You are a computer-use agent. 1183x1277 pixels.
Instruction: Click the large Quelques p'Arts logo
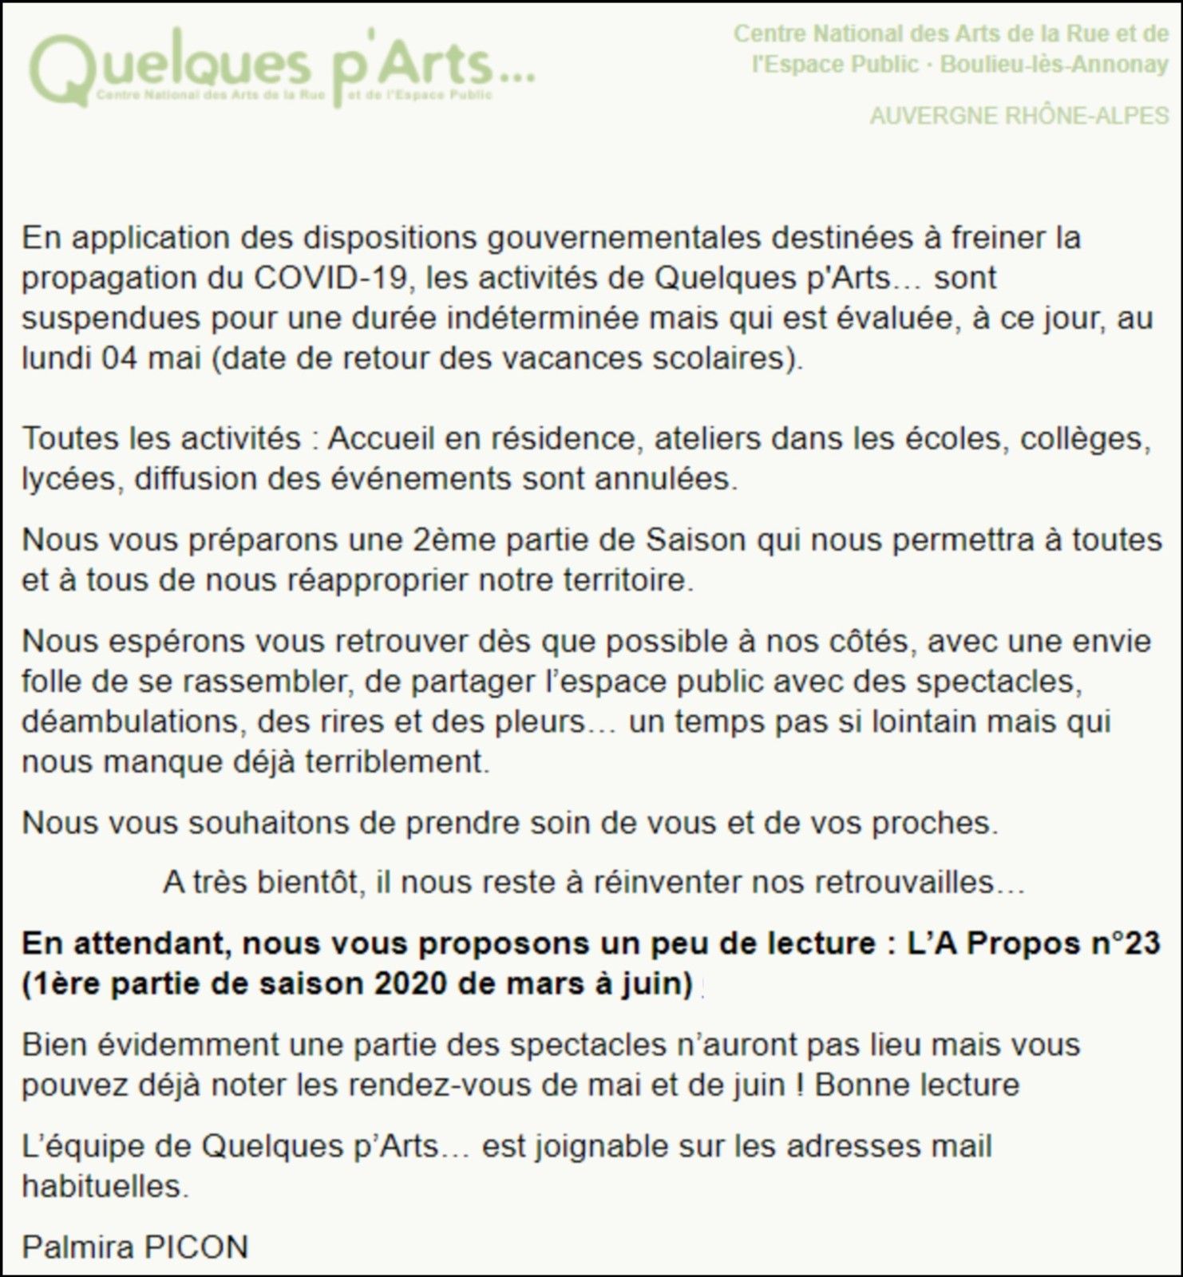click(279, 67)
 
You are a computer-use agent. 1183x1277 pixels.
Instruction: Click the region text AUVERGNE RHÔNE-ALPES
click(1019, 117)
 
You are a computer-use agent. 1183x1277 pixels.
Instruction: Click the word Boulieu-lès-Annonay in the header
click(1054, 65)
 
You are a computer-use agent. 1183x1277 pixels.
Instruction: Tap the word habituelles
click(105, 1187)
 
